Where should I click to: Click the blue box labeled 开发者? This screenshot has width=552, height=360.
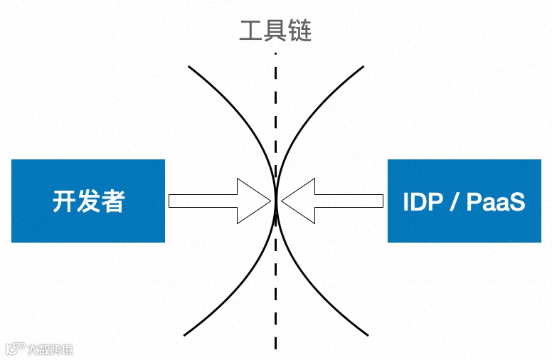pos(88,201)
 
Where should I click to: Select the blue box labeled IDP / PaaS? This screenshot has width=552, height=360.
pos(464,201)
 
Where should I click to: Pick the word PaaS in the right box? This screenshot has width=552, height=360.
pos(496,202)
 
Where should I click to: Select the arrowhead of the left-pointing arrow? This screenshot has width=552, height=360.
pos(298,201)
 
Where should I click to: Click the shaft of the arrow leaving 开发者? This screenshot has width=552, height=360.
pos(202,201)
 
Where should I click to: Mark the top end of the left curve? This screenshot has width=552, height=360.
pos(189,68)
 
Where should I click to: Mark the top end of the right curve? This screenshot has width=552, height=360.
pos(363,68)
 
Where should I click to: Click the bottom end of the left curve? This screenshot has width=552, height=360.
pos(185,334)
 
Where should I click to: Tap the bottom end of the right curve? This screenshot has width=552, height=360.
pos(368,334)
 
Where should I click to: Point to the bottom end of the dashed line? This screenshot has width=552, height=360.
pos(276,348)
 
